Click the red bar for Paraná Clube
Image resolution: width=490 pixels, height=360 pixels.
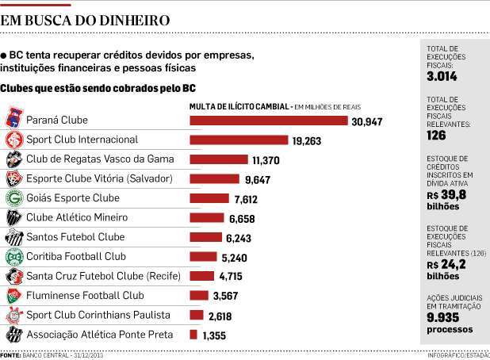click(269, 121)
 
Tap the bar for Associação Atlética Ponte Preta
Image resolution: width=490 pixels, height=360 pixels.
click(193, 335)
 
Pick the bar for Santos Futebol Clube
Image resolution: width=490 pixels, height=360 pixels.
click(205, 237)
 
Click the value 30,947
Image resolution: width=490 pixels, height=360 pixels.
click(367, 121)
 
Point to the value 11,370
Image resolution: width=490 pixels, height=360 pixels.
click(264, 160)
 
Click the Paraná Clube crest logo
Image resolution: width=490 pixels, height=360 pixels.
click(13, 121)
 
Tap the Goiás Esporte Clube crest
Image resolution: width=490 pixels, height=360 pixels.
click(13, 198)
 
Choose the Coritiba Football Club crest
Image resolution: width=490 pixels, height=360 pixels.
click(13, 257)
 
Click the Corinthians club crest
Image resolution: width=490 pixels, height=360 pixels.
click(13, 315)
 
